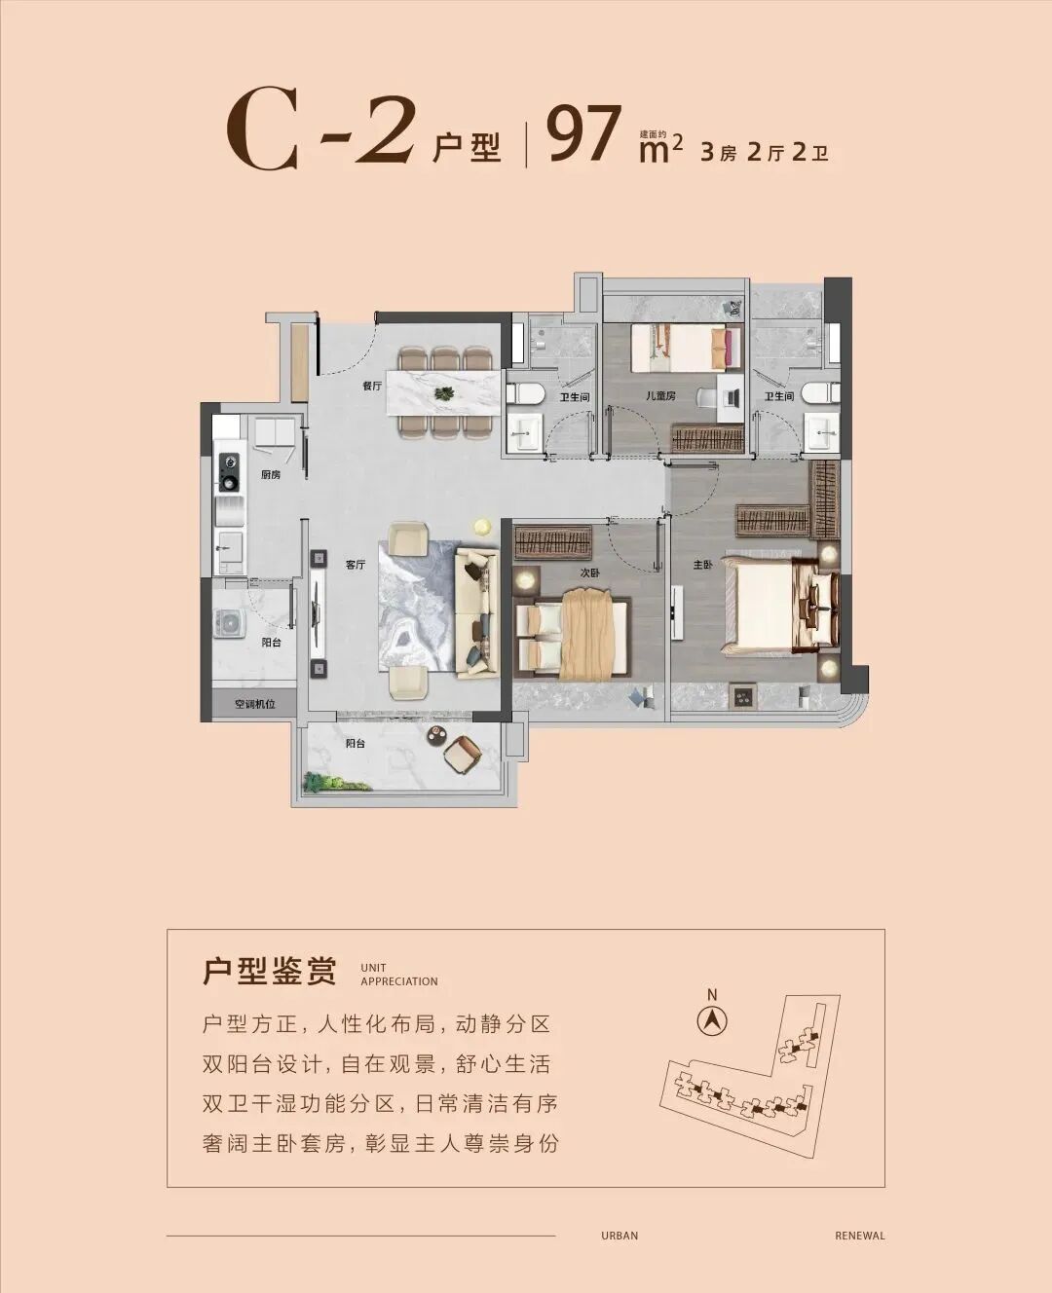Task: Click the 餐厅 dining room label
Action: pos(371,386)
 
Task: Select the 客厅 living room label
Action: pos(355,566)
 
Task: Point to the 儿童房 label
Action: pos(688,396)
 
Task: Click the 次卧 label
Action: pos(589,573)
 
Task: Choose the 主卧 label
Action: pos(702,565)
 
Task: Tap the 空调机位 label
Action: pos(254,704)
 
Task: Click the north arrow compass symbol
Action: pos(713,1020)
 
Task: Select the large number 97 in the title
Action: pos(584,136)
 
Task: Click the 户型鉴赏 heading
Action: pos(270,972)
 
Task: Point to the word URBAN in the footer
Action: pos(620,1236)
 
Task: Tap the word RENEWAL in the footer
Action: pos(859,1236)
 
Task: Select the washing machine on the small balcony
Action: pos(231,623)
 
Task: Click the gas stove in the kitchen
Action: pos(230,471)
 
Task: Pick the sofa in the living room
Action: pos(477,611)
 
